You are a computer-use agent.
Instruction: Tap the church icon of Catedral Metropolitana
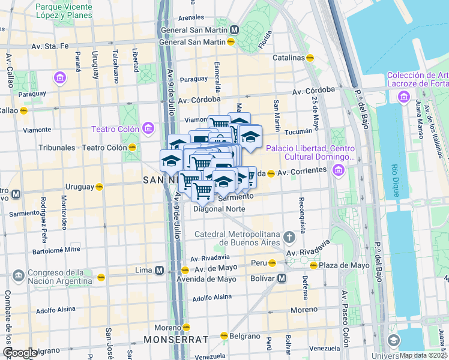point(289,236)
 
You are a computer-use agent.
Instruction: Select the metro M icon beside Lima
point(159,270)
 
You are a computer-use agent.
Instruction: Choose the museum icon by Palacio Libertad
point(338,171)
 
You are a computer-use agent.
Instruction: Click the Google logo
point(19,353)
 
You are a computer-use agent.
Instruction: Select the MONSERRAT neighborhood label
point(170,340)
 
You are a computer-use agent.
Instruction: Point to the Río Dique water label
point(395,176)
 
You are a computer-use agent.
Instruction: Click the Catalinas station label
point(288,58)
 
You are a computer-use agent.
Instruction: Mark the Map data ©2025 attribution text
point(424,355)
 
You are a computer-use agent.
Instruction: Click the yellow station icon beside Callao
point(24,110)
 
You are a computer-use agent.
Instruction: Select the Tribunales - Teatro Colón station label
point(82,147)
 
